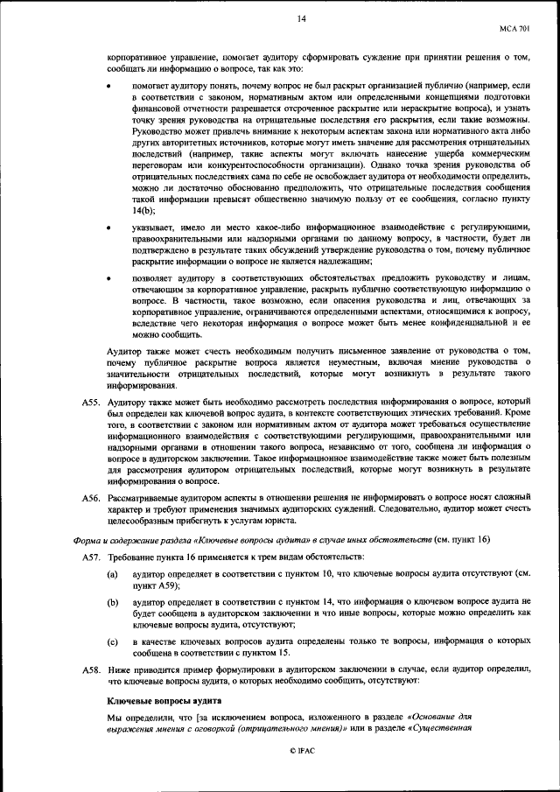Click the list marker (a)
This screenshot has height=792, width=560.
113,573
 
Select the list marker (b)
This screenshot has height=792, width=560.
113,604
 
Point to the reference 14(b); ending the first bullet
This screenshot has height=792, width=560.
144,210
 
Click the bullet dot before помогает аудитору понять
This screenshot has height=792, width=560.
108,88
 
